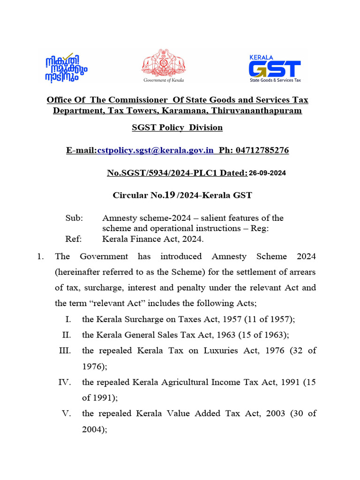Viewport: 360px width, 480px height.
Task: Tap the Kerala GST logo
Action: pyautogui.click(x=275, y=67)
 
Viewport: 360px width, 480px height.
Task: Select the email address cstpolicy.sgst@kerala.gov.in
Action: pyautogui.click(x=155, y=150)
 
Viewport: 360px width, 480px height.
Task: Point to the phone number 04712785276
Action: pyautogui.click(x=262, y=150)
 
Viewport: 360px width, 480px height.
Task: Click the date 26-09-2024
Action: pyautogui.click(x=267, y=173)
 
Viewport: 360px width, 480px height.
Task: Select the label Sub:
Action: pyautogui.click(x=74, y=218)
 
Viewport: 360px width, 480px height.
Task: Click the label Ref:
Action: pyautogui.click(x=74, y=239)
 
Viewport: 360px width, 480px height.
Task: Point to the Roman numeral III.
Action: pyautogui.click(x=65, y=351)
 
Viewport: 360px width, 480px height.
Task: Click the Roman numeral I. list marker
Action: pyautogui.click(x=68, y=319)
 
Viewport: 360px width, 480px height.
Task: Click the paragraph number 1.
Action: pyautogui.click(x=40, y=256)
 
